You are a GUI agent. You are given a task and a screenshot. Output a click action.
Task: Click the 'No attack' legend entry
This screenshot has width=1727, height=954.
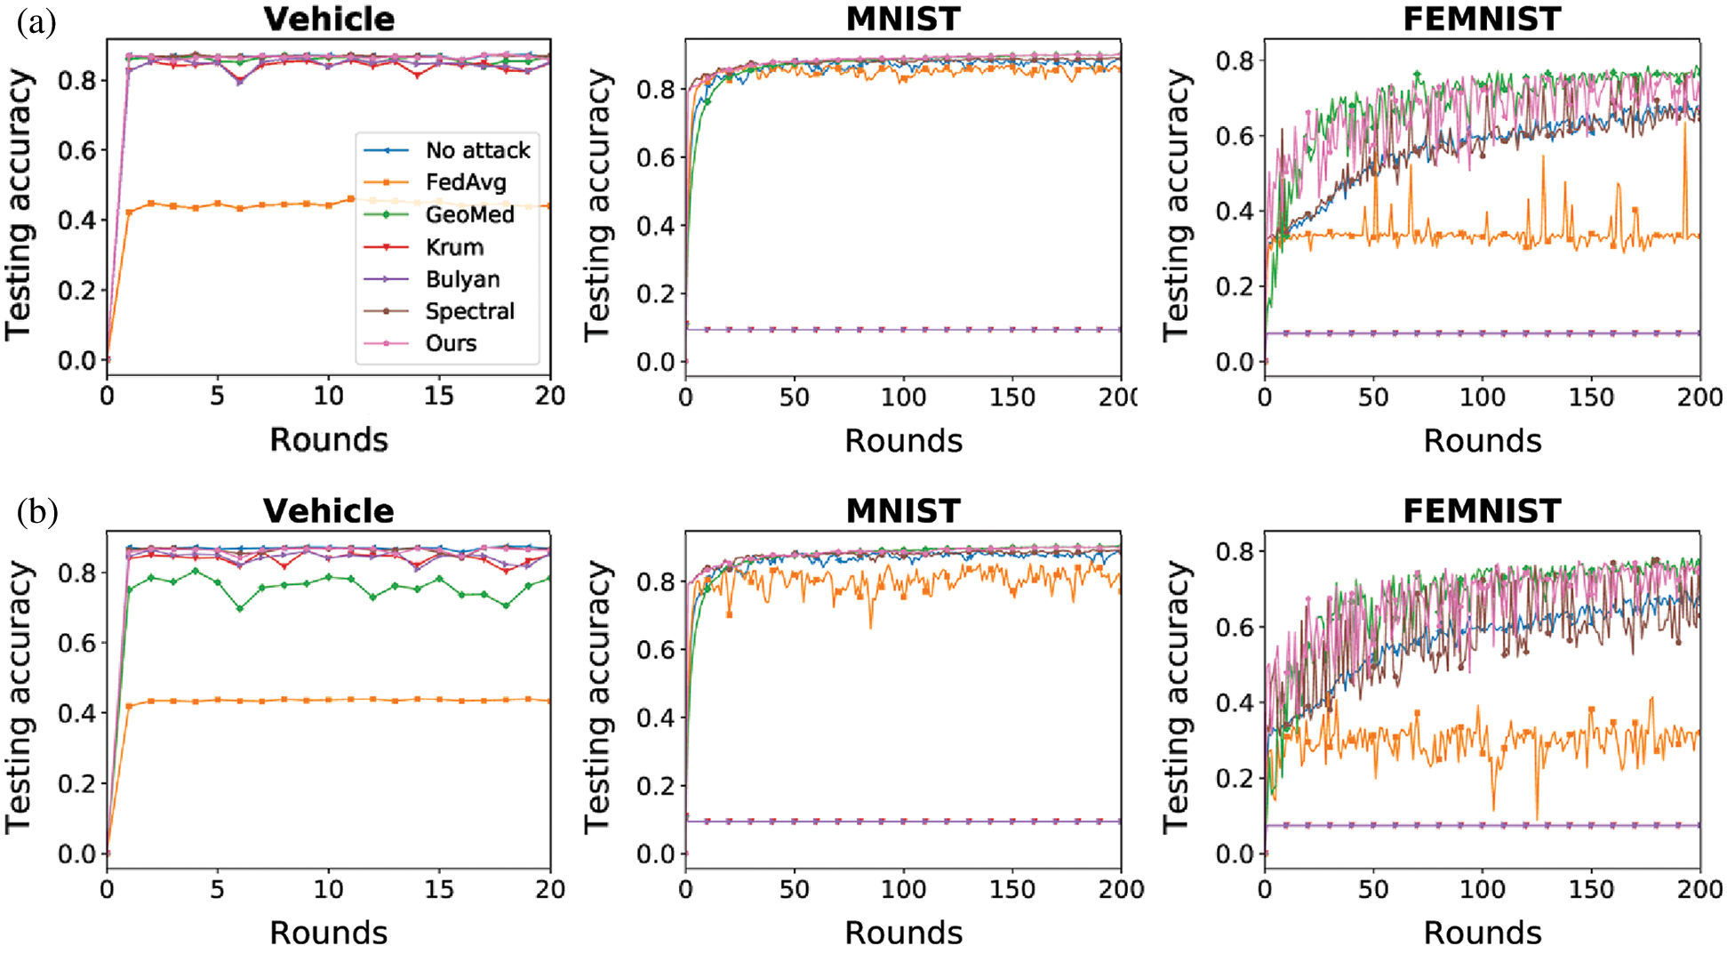tap(477, 150)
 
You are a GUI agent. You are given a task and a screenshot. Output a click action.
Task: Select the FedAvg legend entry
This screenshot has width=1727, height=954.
tap(466, 182)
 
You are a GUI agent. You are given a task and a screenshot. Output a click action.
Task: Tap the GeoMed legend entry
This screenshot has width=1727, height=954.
tap(469, 214)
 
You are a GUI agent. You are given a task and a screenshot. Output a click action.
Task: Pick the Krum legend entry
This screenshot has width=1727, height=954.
tap(454, 247)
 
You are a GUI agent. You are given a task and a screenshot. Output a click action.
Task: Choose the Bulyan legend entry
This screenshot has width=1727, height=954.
tap(462, 279)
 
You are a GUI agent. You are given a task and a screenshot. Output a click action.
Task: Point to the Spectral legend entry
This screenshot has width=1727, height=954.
tap(469, 311)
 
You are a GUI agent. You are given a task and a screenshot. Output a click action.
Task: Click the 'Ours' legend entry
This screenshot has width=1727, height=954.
tap(451, 343)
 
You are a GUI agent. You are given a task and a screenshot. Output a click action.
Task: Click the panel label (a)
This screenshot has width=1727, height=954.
tap(36, 21)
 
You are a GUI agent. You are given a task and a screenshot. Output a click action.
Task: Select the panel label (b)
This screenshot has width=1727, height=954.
tap(36, 512)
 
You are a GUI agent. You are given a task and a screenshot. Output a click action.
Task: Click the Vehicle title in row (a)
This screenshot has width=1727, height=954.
tap(329, 19)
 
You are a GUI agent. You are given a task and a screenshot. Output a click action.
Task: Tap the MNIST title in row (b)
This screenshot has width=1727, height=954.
tap(903, 511)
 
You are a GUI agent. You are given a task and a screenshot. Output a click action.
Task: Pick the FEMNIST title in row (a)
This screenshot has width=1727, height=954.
tap(1482, 19)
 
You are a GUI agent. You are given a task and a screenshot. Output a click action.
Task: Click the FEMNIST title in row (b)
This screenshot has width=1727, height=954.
tap(1482, 511)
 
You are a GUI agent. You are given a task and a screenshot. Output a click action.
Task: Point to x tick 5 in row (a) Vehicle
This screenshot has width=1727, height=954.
tap(217, 396)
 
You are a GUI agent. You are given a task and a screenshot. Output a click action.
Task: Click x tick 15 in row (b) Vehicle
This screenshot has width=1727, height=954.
tap(439, 888)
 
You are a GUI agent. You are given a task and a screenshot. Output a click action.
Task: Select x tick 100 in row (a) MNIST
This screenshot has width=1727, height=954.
tap(903, 397)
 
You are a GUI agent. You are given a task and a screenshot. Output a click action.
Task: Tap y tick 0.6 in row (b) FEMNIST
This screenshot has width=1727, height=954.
tap(1235, 628)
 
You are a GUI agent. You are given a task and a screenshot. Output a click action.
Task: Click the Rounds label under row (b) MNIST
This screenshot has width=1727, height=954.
tap(903, 933)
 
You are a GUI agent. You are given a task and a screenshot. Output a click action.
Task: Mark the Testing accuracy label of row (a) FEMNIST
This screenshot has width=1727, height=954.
tap(1175, 205)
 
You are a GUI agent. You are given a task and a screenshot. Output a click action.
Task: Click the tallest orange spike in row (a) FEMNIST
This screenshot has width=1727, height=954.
tap(1684, 124)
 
